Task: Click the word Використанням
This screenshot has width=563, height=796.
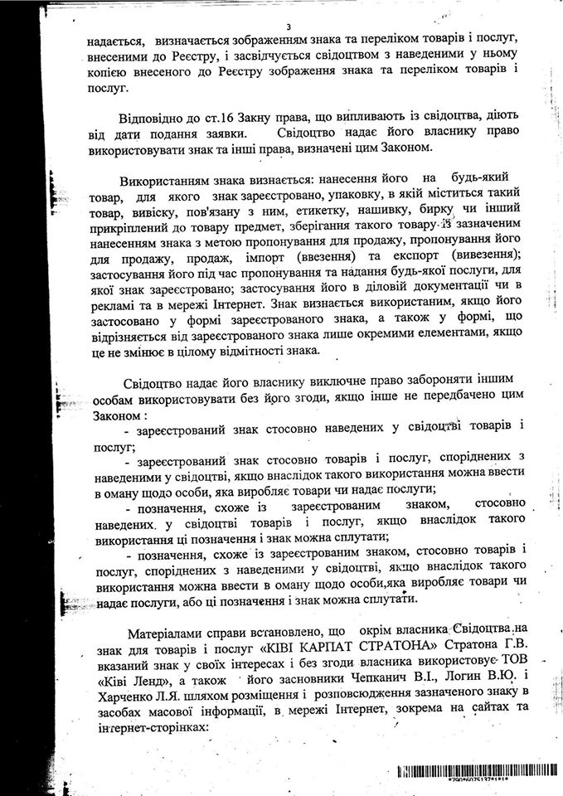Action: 163,179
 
